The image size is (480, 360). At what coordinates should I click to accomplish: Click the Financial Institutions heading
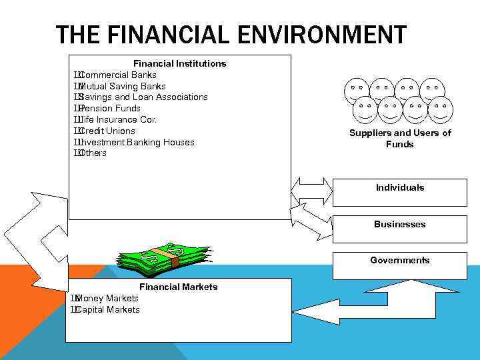pos(179,63)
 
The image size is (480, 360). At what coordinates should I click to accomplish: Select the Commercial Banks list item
pos(117,75)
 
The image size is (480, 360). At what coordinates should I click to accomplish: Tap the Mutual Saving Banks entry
pos(122,86)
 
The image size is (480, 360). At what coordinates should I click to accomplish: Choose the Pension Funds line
pos(109,108)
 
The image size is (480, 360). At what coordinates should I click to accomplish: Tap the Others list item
pos(93,153)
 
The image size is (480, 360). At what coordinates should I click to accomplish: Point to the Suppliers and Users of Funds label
pos(400,138)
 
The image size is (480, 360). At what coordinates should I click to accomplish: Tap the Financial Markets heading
pos(178,287)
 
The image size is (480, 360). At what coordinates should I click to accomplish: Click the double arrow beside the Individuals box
pos(312,191)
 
